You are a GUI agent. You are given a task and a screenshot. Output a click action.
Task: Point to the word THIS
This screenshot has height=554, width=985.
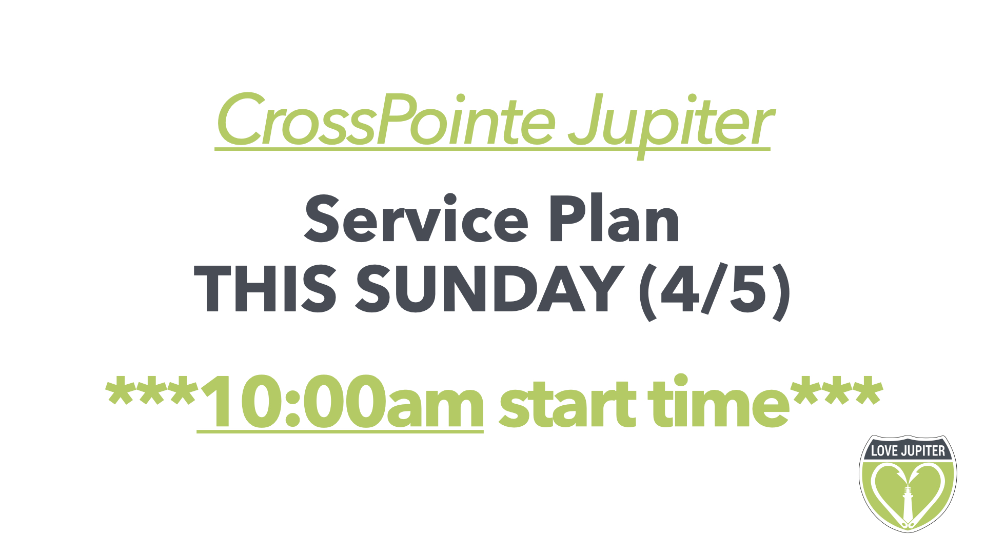click(x=265, y=288)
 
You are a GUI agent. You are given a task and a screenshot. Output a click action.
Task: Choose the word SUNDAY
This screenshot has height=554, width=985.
click(x=489, y=288)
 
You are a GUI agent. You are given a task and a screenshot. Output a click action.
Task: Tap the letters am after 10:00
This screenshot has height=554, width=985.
click(x=435, y=407)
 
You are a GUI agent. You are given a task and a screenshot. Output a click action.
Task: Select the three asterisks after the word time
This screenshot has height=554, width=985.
click(x=837, y=391)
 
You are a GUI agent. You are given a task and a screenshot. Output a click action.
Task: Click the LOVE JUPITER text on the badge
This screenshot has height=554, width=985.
click(x=908, y=451)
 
